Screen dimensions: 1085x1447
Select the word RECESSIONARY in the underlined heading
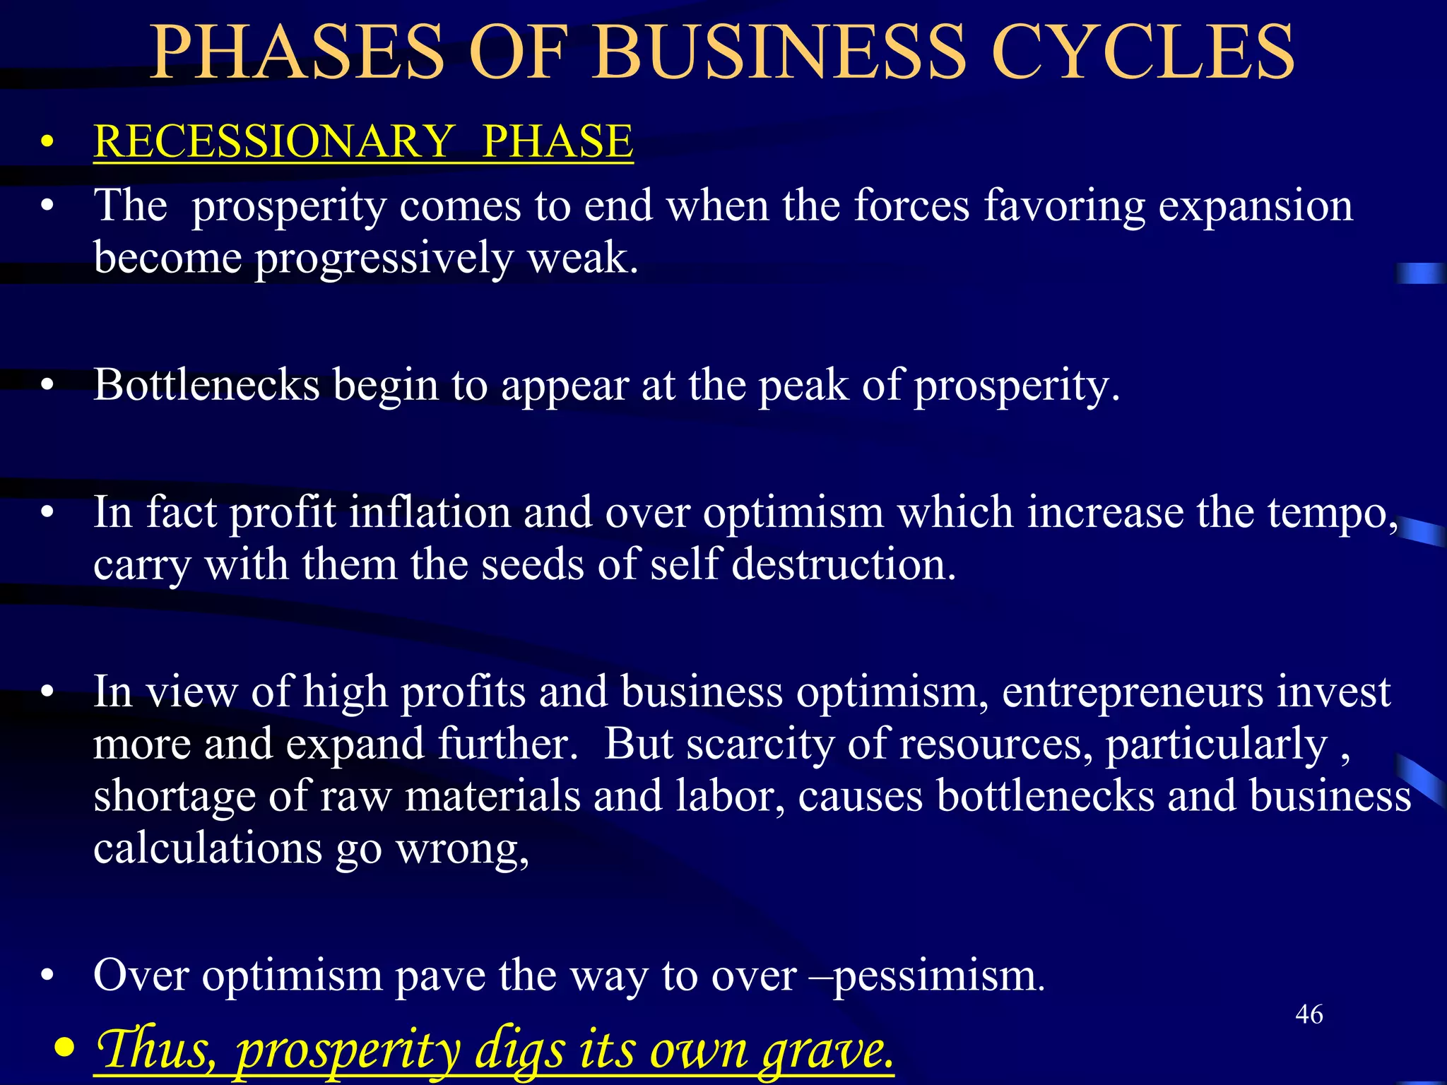pyautogui.click(x=274, y=141)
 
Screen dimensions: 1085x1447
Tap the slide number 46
pyautogui.click(x=1309, y=1014)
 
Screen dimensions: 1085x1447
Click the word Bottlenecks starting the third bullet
pyautogui.click(x=206, y=386)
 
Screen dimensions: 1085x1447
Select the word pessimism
pyautogui.click(x=939, y=976)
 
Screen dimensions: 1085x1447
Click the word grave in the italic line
pyautogui.click(x=827, y=1050)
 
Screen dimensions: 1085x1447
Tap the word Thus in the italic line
pyautogui.click(x=155, y=1049)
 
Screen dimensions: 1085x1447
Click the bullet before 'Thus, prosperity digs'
pyautogui.click(x=65, y=1046)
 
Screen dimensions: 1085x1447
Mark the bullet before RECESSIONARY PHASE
pyautogui.click(x=47, y=143)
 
